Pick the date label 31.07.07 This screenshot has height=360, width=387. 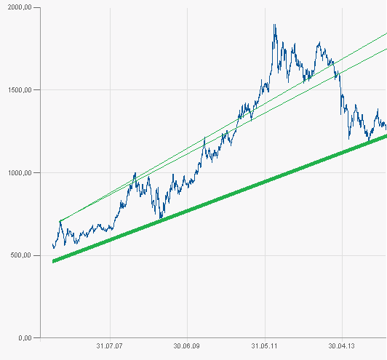108,347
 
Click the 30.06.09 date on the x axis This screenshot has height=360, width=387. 187,347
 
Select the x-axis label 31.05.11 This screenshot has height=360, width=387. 265,347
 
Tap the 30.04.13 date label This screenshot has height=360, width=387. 342,347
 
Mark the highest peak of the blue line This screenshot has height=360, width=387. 274,25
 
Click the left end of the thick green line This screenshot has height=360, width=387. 53,261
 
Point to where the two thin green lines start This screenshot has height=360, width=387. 60,221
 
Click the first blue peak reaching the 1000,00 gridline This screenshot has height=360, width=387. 135,173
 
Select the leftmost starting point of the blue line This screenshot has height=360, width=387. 52,245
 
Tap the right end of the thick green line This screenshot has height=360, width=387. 386,136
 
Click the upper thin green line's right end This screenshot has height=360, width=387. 386,33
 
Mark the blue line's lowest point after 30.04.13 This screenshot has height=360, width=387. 350,137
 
